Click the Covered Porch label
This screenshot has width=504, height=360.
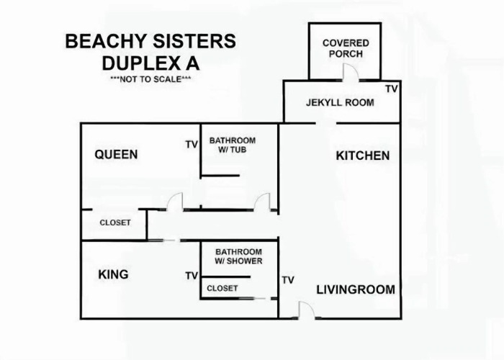(x=346, y=48)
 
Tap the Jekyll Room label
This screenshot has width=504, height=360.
(x=340, y=102)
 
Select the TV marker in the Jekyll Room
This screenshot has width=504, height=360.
(x=392, y=89)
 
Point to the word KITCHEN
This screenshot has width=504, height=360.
(x=363, y=156)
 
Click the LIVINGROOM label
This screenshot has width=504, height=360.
(x=356, y=289)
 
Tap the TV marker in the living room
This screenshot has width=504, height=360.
(x=288, y=280)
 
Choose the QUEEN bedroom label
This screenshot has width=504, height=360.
(x=116, y=155)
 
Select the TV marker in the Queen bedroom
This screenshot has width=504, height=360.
(x=192, y=145)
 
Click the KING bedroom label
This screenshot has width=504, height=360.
(x=113, y=274)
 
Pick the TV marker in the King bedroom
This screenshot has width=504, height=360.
(x=192, y=276)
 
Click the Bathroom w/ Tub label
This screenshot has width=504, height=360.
(x=233, y=145)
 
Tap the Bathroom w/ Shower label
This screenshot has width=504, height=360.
(x=238, y=256)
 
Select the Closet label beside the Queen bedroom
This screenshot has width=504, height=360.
(x=115, y=222)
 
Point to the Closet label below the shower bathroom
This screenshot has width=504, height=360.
(x=222, y=288)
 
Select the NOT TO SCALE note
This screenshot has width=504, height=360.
(x=150, y=79)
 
